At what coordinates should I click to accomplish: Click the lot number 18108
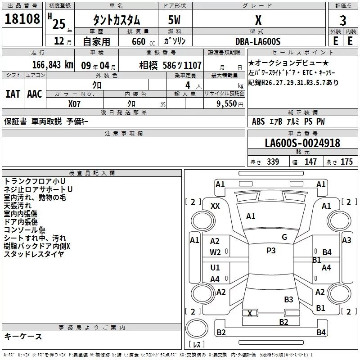[22, 20]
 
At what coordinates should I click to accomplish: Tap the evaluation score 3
[343, 21]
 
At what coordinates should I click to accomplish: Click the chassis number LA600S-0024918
[302, 143]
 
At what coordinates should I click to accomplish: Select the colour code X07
[75, 103]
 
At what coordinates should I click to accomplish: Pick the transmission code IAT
[12, 94]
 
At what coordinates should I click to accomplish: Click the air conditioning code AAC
[34, 94]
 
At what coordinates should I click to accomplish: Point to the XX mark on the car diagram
[215, 206]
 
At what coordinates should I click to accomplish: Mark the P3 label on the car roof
[271, 251]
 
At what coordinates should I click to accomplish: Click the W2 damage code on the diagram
[215, 252]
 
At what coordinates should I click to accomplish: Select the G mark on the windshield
[284, 237]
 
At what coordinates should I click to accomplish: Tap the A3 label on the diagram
[346, 240]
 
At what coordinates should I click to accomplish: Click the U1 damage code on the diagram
[215, 268]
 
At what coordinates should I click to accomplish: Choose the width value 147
[310, 162]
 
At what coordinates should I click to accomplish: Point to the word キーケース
[23, 336]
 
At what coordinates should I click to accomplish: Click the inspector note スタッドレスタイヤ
[34, 254]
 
